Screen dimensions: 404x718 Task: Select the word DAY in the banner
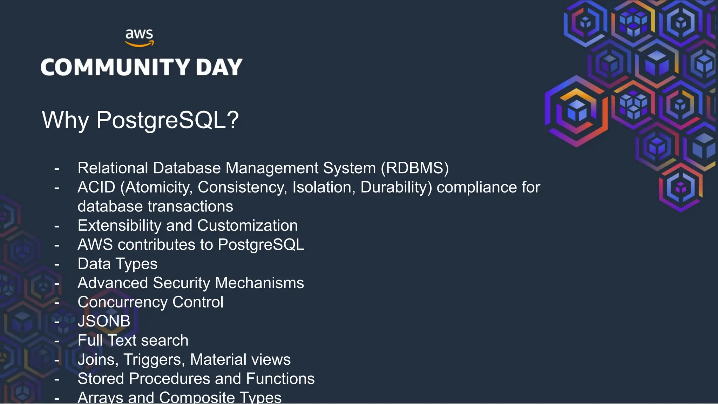click(219, 67)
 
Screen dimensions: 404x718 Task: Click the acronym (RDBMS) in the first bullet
click(415, 168)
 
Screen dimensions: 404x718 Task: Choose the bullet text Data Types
click(117, 264)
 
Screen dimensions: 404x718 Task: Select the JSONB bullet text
click(104, 321)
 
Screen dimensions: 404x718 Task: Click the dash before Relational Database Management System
click(57, 169)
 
